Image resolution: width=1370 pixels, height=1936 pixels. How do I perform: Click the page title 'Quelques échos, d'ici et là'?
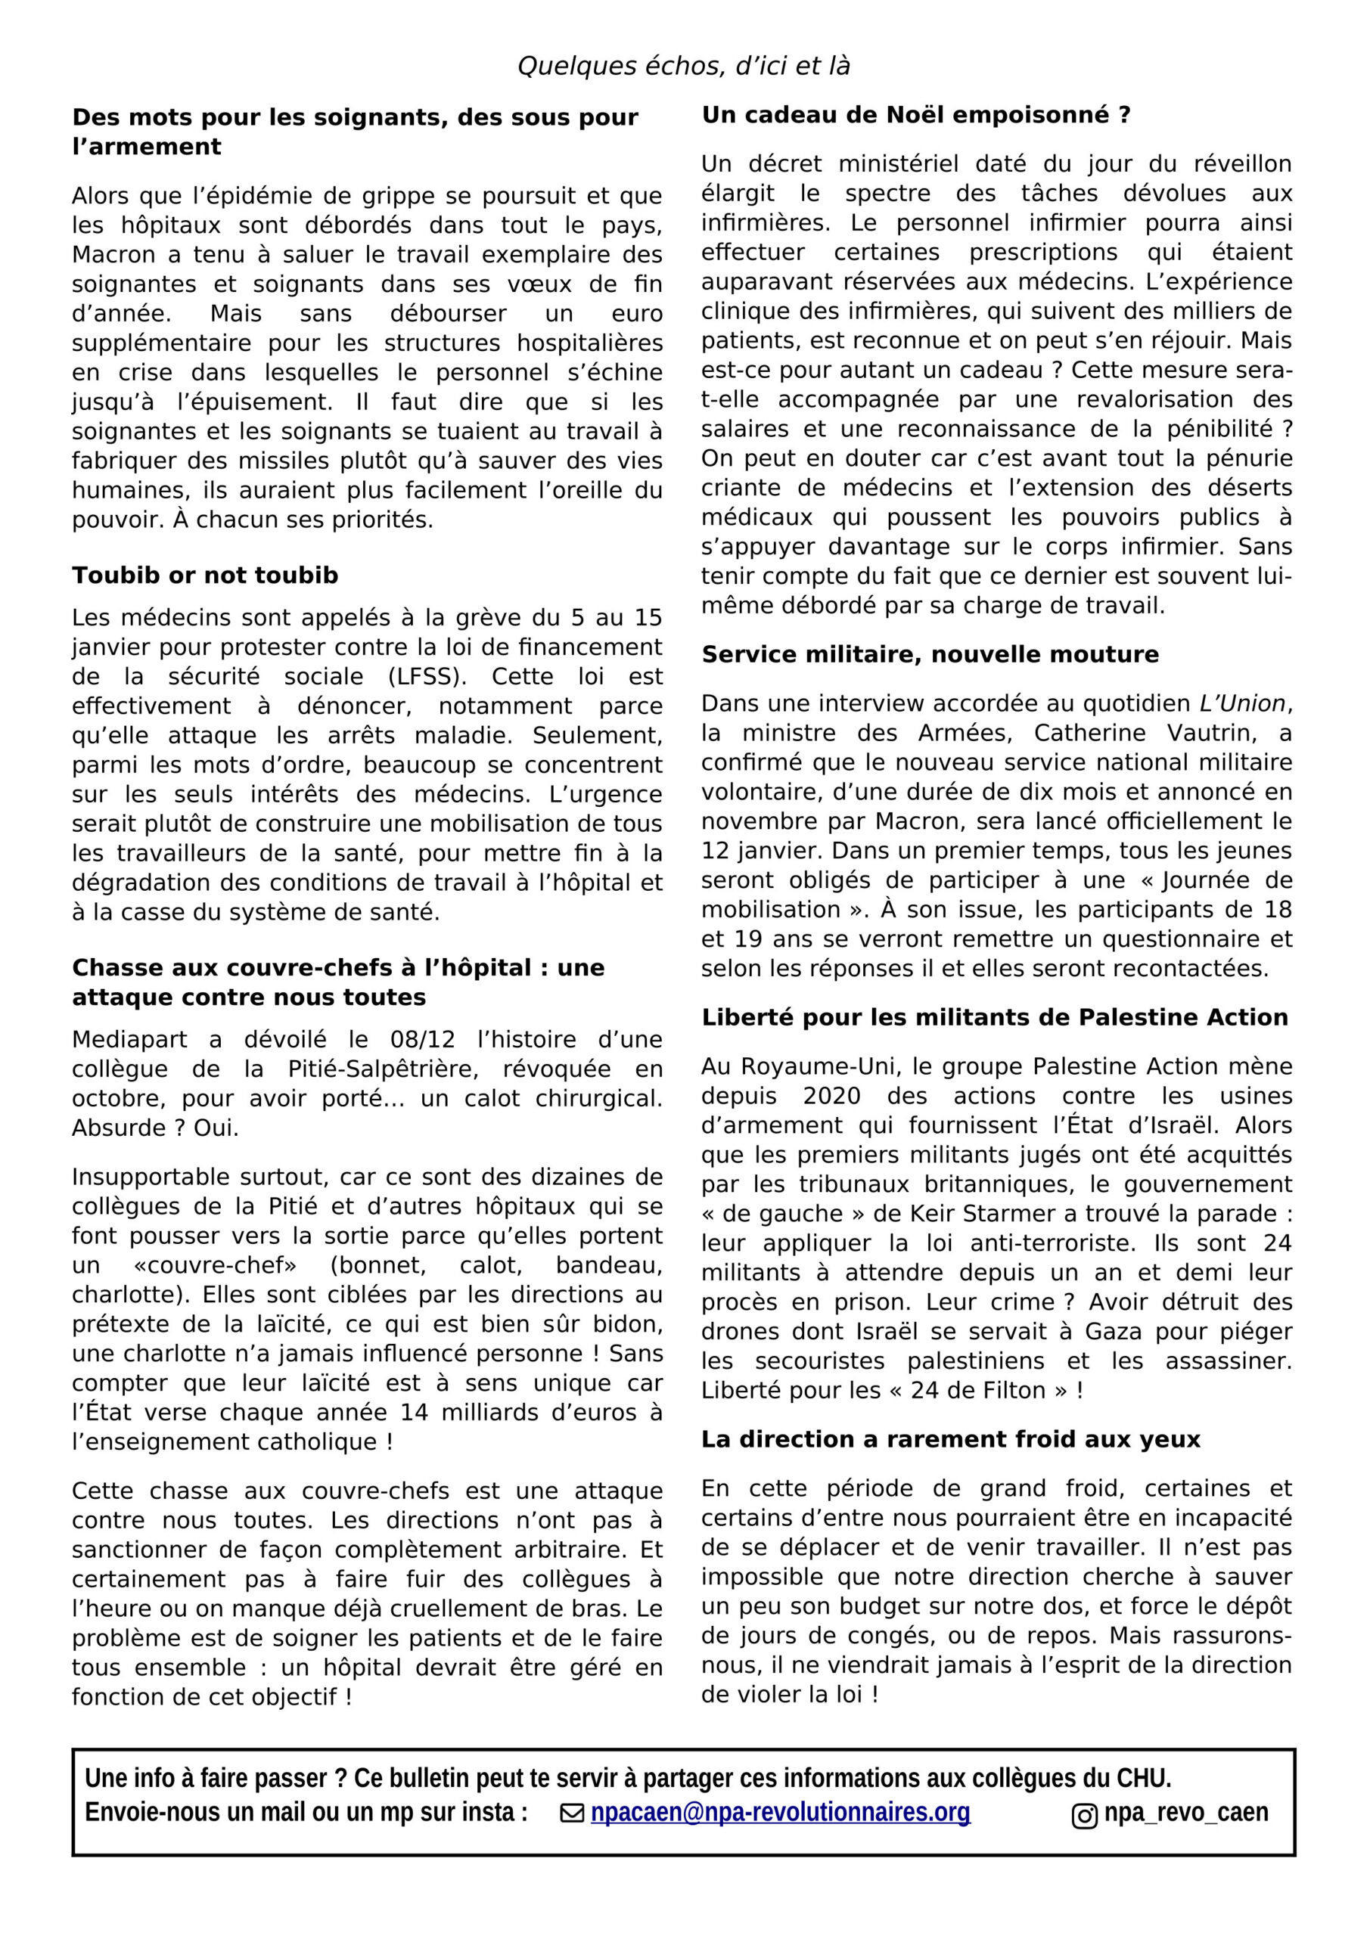click(683, 66)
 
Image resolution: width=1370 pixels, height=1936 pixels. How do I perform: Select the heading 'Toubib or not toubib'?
click(205, 575)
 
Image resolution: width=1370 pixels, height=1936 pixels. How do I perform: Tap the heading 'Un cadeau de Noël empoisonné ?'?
click(915, 115)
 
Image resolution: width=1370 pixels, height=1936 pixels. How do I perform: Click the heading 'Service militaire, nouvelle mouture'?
click(930, 654)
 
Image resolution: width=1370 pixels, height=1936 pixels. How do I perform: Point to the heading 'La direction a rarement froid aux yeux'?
click(950, 1438)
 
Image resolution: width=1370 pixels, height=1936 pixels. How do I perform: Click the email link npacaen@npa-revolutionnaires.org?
click(781, 1811)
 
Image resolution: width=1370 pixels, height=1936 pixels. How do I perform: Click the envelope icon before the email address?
click(573, 1812)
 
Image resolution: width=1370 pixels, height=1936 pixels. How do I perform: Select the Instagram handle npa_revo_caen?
click(1185, 1811)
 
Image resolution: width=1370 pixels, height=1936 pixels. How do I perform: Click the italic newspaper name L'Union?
click(1241, 703)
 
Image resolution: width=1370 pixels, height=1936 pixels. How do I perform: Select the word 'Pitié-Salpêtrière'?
click(352, 1069)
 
